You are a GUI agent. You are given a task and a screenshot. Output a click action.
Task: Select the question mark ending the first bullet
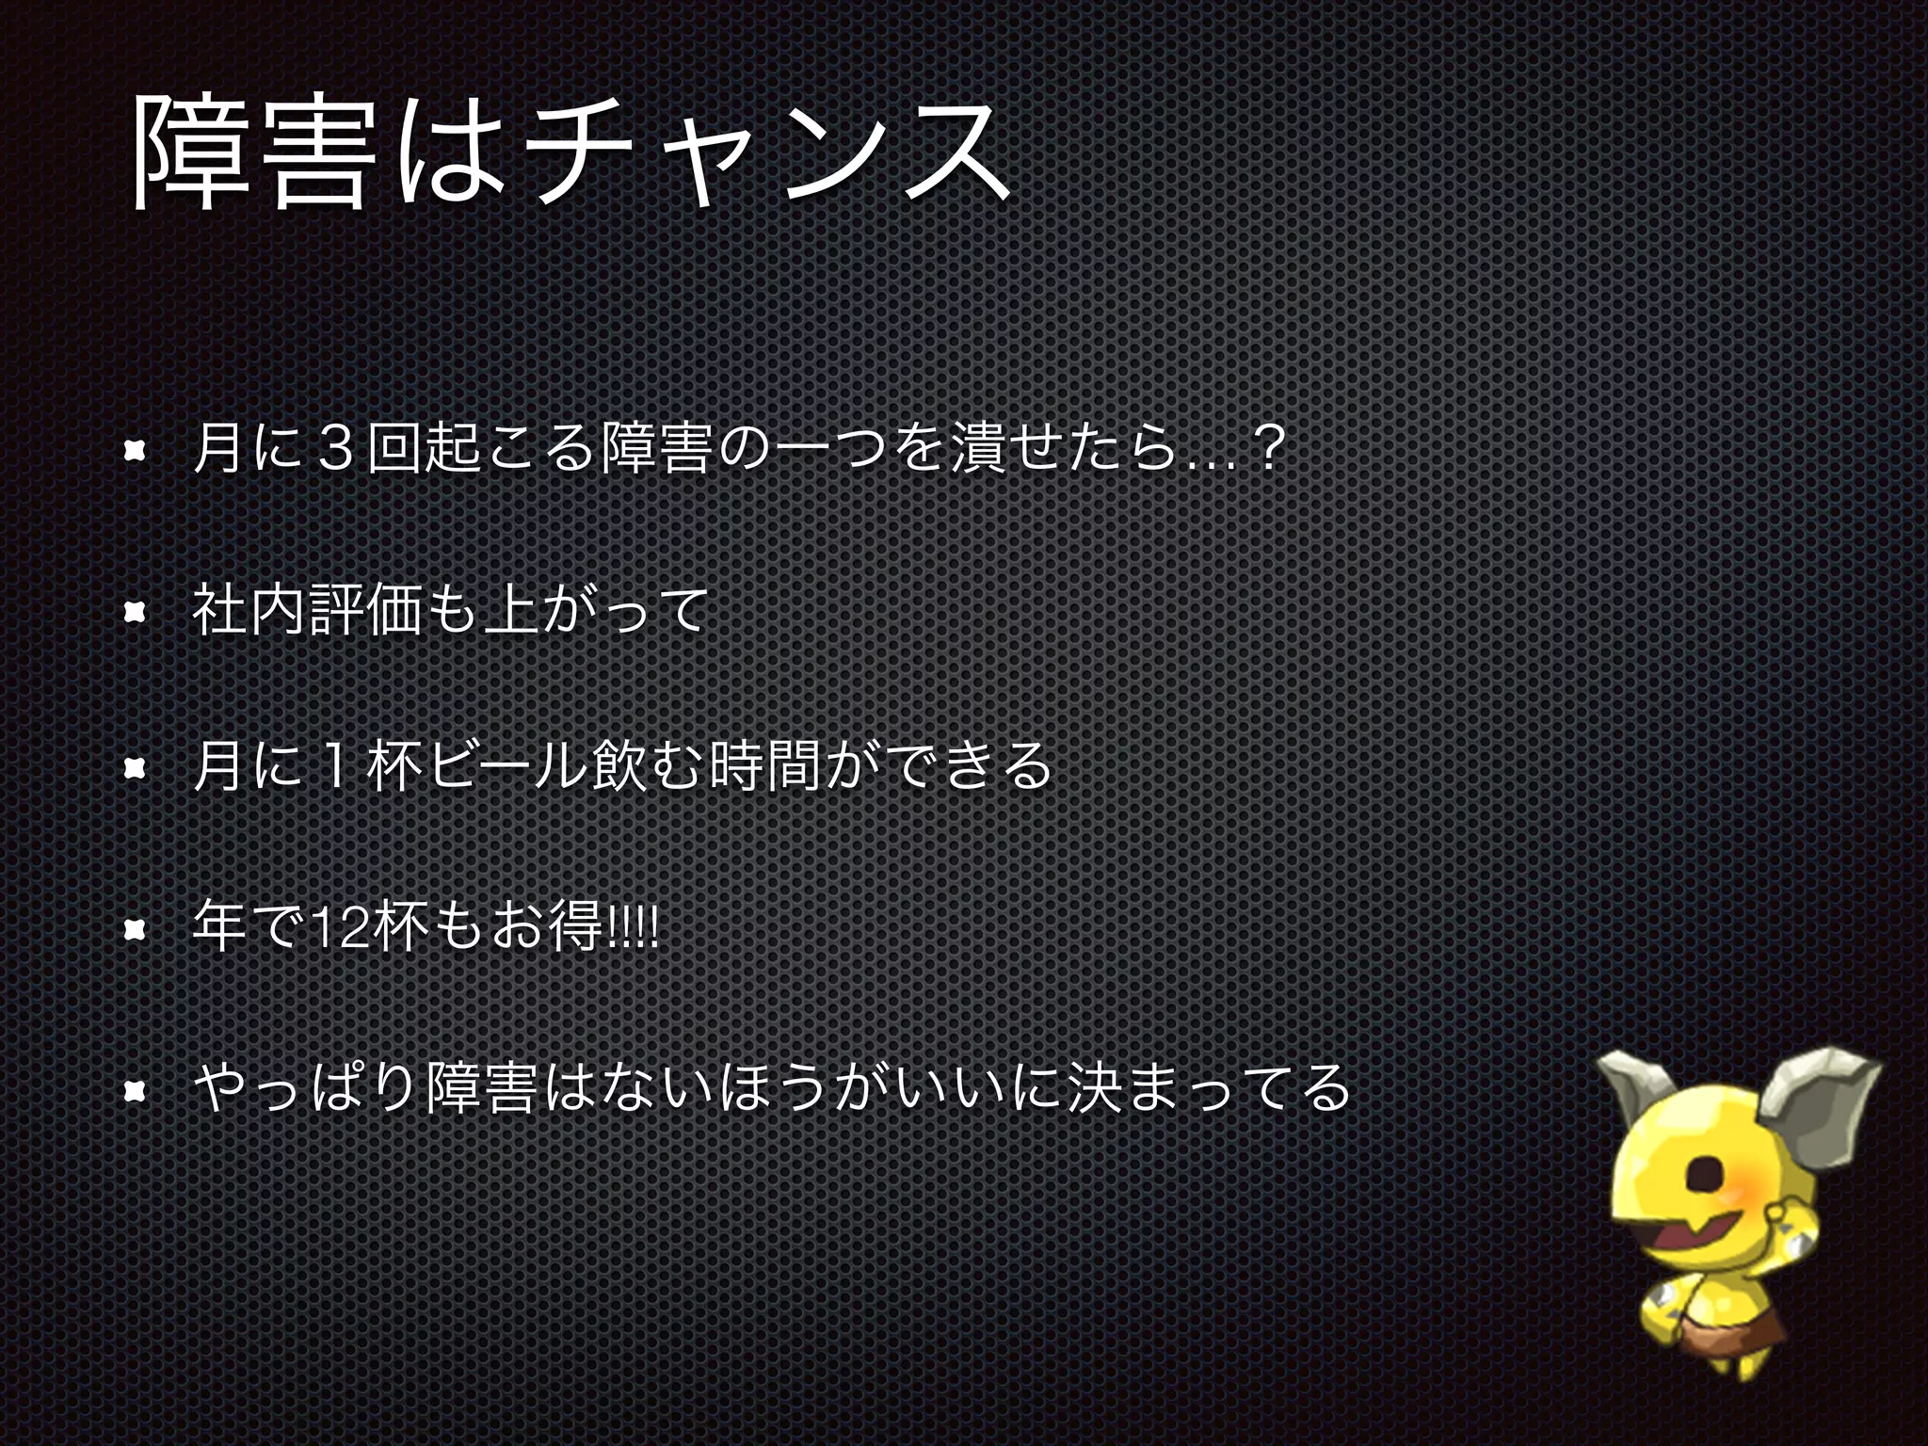coord(1267,451)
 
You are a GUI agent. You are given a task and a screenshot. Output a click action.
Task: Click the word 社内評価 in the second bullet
coord(305,610)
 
